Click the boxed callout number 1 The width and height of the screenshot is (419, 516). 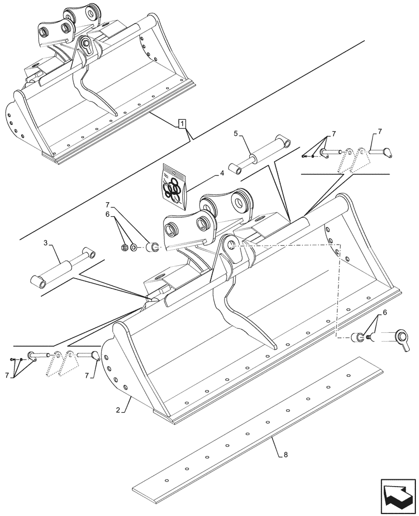coord(182,123)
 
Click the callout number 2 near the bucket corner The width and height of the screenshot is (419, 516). coord(118,410)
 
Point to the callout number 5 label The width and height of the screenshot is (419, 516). coord(236,133)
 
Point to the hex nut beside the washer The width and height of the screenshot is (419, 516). coord(124,248)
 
